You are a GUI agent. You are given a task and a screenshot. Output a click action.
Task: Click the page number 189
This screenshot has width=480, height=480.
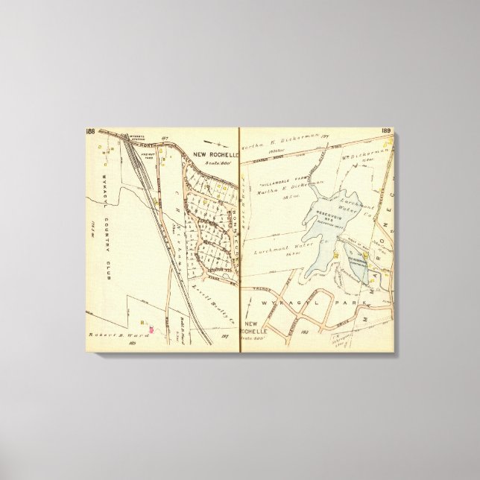(x=386, y=131)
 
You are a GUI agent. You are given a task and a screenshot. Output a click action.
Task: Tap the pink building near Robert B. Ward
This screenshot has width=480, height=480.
(x=152, y=328)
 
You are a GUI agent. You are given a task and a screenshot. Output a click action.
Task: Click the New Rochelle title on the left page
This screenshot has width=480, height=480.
(x=213, y=155)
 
